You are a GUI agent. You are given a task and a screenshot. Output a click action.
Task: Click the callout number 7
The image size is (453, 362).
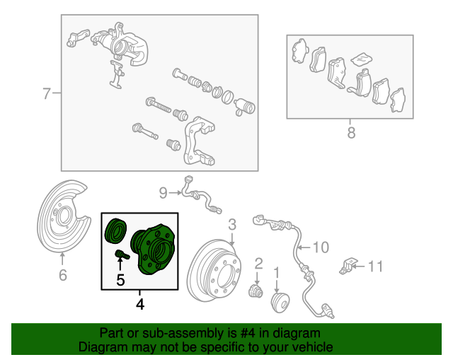(46, 93)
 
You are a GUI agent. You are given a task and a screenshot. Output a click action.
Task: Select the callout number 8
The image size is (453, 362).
(351, 133)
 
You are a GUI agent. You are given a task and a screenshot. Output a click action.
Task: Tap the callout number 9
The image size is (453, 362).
(163, 192)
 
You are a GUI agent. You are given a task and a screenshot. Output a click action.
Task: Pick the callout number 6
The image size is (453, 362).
(62, 275)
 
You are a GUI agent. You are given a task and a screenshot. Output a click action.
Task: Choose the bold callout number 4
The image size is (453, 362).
(139, 305)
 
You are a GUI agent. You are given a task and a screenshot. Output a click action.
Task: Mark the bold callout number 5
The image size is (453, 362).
(120, 281)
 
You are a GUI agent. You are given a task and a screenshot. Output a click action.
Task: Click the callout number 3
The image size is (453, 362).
(231, 226)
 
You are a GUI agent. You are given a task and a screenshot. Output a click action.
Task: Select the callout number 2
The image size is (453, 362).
(258, 264)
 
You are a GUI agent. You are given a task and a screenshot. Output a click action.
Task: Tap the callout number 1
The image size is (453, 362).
(277, 271)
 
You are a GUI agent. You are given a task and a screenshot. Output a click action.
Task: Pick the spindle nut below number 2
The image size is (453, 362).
(256, 291)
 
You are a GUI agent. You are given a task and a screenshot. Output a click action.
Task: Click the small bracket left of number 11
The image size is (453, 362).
(348, 266)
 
